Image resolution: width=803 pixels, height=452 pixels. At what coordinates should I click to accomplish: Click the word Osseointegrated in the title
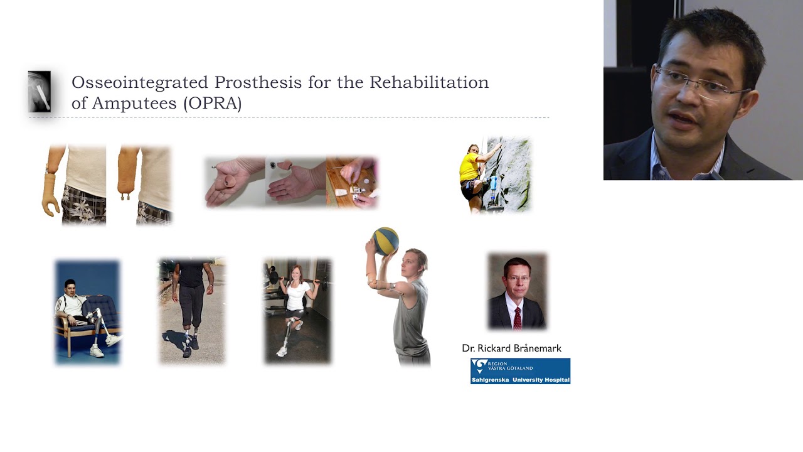[140, 83]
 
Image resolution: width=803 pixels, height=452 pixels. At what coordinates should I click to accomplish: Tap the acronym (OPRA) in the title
[213, 104]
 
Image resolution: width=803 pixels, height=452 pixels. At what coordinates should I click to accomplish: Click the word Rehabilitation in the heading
[429, 82]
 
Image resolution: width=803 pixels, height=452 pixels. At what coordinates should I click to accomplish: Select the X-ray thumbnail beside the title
[40, 92]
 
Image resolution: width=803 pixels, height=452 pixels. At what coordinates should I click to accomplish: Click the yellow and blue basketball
[385, 240]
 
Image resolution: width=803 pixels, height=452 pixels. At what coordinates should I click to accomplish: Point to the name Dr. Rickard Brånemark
[511, 348]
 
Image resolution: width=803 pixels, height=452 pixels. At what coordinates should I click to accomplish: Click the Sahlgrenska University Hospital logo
[520, 371]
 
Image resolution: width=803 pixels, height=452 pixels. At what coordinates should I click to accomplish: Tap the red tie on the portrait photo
[518, 318]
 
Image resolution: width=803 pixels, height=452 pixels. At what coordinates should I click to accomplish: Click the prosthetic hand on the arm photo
[50, 195]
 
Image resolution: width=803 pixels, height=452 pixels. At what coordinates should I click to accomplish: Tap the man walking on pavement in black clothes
[193, 308]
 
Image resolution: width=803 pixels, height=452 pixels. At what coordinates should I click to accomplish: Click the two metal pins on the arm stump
[125, 196]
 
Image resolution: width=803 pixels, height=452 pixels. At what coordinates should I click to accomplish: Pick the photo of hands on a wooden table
[352, 182]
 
